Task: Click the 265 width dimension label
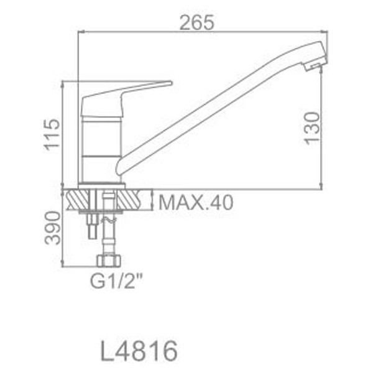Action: (197, 22)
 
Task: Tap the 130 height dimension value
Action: (313, 128)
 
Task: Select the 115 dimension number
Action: (52, 134)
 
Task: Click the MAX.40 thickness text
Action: (196, 202)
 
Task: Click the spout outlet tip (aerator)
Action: (316, 61)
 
